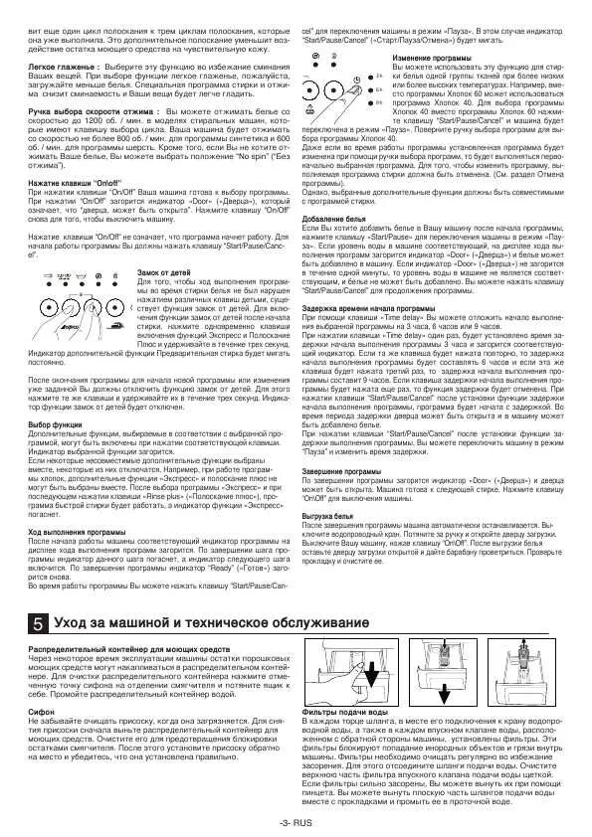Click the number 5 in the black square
click(x=37, y=623)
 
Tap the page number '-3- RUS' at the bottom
click(x=296, y=822)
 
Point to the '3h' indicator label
click(x=379, y=76)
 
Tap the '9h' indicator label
click(x=379, y=102)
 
